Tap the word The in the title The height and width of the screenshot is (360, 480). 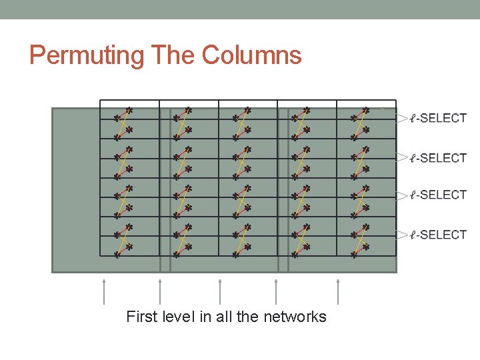pyautogui.click(x=173, y=55)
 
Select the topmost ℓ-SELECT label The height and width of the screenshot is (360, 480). pyautogui.click(x=438, y=119)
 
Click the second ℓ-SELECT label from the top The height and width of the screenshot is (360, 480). pyautogui.click(x=438, y=158)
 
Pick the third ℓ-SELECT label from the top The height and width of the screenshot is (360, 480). pyautogui.click(x=438, y=195)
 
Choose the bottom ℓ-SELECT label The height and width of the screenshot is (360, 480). pyautogui.click(x=438, y=235)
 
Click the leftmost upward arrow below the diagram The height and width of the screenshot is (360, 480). pyautogui.click(x=104, y=291)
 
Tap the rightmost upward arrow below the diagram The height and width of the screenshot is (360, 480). pyautogui.click(x=338, y=291)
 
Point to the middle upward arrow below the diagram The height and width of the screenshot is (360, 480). pyautogui.click(x=220, y=291)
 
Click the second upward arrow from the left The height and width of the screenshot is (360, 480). pyautogui.click(x=160, y=291)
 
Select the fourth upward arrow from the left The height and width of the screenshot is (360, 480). pyautogui.click(x=276, y=291)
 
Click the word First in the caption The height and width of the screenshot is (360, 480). pyautogui.click(x=142, y=317)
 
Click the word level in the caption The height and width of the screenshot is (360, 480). pyautogui.click(x=179, y=317)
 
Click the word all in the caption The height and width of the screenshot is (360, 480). pyautogui.click(x=223, y=317)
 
